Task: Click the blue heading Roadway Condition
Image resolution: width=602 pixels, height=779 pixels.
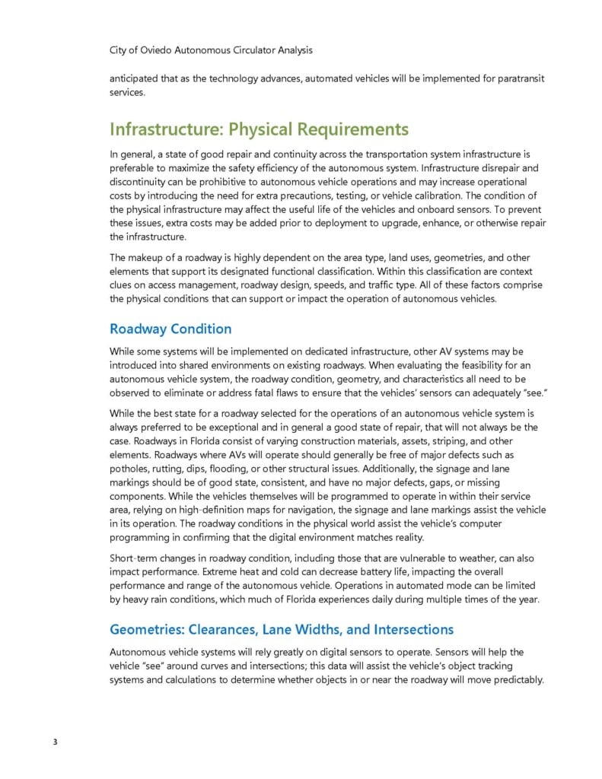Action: point(170,329)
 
